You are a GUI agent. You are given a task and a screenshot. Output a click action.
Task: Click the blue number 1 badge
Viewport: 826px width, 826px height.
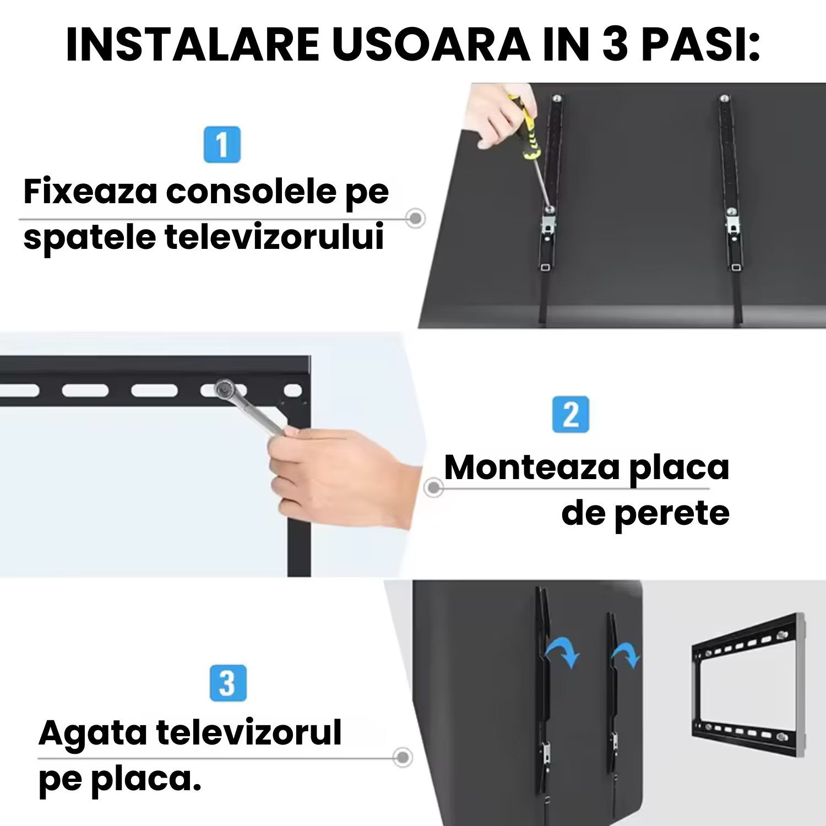[x=222, y=145]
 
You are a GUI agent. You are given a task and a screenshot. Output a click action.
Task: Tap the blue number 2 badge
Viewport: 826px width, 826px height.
[x=570, y=414]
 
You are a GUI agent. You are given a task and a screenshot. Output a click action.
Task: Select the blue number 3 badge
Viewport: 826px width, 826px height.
[x=228, y=683]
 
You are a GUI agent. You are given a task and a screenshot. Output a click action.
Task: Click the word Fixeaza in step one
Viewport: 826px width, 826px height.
[x=90, y=192]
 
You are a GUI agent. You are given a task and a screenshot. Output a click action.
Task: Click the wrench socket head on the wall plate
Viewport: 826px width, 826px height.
[x=224, y=389]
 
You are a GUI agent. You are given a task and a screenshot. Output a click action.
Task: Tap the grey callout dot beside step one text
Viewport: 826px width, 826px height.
[x=416, y=219]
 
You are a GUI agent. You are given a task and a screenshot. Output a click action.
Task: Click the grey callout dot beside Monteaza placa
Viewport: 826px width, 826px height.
[x=434, y=487]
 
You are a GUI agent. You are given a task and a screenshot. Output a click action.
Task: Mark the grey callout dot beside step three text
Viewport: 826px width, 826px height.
[x=403, y=757]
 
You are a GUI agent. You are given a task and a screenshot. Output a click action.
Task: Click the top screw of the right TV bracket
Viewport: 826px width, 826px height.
[x=725, y=100]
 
